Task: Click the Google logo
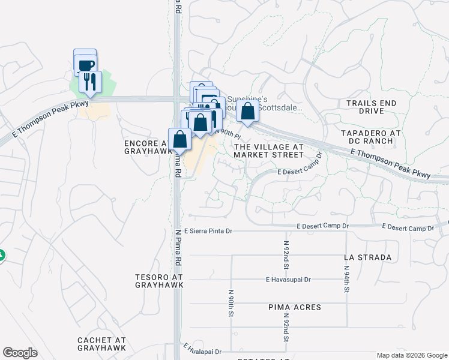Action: click(x=20, y=353)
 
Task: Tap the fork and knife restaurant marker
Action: click(x=90, y=82)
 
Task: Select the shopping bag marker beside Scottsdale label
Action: click(x=247, y=111)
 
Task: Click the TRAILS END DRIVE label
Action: click(x=372, y=107)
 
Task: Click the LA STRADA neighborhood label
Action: click(x=367, y=257)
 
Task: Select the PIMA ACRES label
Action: click(x=295, y=307)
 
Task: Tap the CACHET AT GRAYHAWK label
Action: click(x=101, y=344)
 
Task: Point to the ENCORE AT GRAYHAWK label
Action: click(x=145, y=148)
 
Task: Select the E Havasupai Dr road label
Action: click(x=288, y=280)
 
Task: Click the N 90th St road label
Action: click(x=231, y=304)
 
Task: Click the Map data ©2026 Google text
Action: click(x=411, y=355)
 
